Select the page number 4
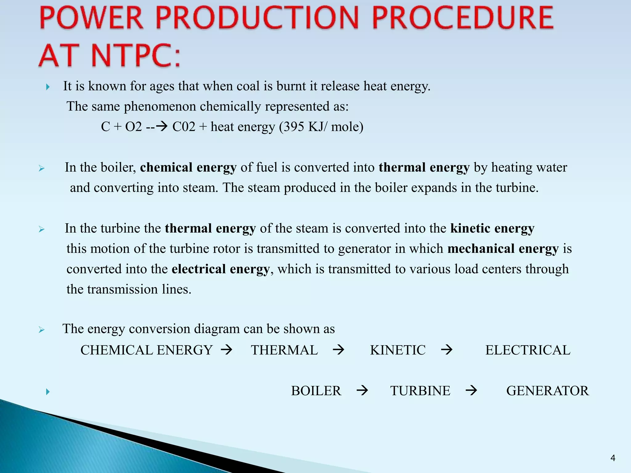click(x=613, y=458)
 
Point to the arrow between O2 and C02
click(x=157, y=126)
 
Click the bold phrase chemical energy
click(x=188, y=168)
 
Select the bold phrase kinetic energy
click(x=492, y=228)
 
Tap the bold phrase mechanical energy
click(x=503, y=249)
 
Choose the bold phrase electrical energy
click(x=221, y=269)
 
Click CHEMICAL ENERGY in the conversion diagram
click(x=147, y=350)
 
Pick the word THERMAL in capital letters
click(x=284, y=350)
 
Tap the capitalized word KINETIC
click(x=397, y=350)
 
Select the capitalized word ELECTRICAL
click(x=528, y=350)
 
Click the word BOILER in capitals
click(x=316, y=391)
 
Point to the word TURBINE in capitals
click(x=420, y=391)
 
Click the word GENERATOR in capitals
click(x=548, y=391)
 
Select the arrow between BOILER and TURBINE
click(x=362, y=391)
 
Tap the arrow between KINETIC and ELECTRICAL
click(x=447, y=350)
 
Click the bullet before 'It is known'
click(x=48, y=87)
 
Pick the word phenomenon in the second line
click(x=160, y=107)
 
